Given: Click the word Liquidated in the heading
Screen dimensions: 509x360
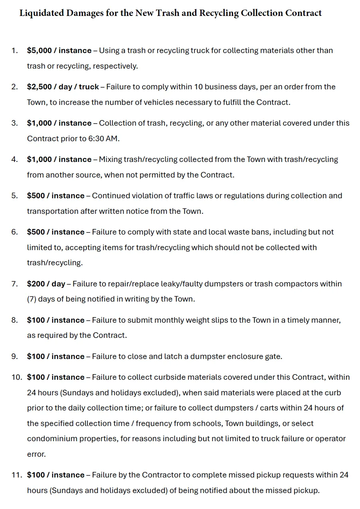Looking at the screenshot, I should (42, 13).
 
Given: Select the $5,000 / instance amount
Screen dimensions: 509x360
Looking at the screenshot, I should (59, 51).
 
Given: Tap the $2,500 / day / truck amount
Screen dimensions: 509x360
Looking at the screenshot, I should (63, 87).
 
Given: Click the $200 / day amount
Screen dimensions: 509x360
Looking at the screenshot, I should (46, 284).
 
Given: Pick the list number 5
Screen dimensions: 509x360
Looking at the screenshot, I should (14, 196).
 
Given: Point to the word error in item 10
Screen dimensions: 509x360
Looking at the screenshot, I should (36, 454).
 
